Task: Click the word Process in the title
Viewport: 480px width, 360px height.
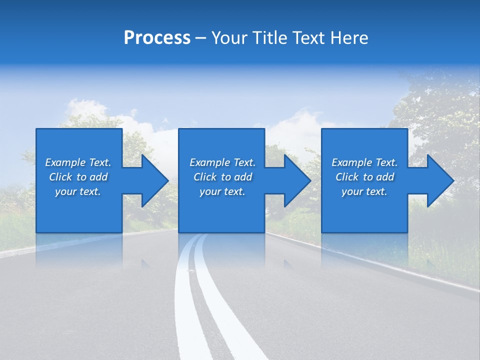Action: (157, 38)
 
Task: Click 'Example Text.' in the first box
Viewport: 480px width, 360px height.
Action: (78, 162)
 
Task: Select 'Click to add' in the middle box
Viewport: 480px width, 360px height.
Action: (222, 177)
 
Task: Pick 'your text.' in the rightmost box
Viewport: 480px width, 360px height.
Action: (364, 191)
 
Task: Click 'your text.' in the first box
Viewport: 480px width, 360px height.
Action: (78, 191)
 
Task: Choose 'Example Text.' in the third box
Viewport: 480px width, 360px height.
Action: (364, 162)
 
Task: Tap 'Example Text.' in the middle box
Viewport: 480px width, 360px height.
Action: (222, 162)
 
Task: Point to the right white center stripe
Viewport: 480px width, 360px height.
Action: (220, 310)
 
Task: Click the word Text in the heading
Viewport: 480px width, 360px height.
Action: (305, 38)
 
